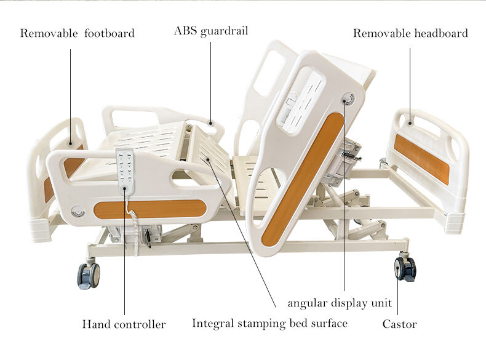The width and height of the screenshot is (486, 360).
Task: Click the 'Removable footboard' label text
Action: pyautogui.click(x=77, y=33)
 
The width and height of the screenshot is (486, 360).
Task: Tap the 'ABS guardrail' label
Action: pyautogui.click(x=211, y=31)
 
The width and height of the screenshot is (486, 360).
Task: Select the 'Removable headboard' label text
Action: pyautogui.click(x=410, y=33)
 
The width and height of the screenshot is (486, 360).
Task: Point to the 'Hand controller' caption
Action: pyautogui.click(x=124, y=324)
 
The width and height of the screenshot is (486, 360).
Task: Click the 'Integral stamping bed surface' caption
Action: pyautogui.click(x=269, y=324)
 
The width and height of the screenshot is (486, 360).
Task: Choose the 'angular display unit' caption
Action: pyautogui.click(x=340, y=303)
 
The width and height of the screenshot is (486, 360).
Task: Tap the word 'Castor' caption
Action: pyautogui.click(x=399, y=324)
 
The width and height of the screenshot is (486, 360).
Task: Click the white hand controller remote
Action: pyautogui.click(x=125, y=172)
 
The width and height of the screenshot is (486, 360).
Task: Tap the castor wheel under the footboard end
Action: pyautogui.click(x=89, y=275)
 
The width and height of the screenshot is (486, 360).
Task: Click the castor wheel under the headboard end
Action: pyautogui.click(x=405, y=268)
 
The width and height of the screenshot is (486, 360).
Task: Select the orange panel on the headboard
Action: pyautogui.click(x=421, y=159)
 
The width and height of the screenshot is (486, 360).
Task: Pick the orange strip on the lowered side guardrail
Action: pyautogui.click(x=150, y=209)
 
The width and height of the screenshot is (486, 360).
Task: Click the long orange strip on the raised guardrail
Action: pyautogui.click(x=303, y=180)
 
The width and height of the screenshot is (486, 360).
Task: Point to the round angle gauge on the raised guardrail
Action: pyautogui.click(x=348, y=100)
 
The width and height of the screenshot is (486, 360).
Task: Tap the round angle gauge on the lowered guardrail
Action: pyautogui.click(x=78, y=212)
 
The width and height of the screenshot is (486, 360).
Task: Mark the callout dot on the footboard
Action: pyautogui.click(x=70, y=143)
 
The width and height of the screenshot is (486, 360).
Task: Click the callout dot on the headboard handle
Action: pyautogui.click(x=410, y=123)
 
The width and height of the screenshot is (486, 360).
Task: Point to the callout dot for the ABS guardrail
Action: pyautogui.click(x=211, y=123)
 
